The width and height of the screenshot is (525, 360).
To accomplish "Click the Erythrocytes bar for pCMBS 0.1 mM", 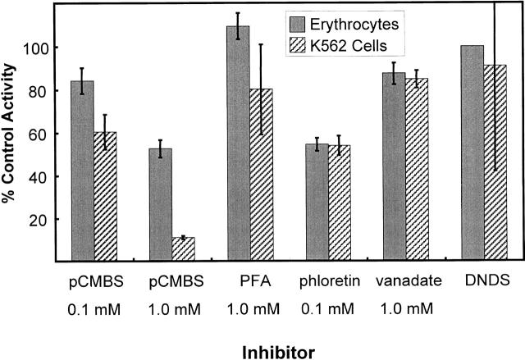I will point(82,171).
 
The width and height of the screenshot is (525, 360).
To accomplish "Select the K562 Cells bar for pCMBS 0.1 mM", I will point(106,197).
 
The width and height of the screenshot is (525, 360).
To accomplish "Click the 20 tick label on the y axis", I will point(36,220).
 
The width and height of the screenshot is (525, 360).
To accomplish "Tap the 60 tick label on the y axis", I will point(36,134).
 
